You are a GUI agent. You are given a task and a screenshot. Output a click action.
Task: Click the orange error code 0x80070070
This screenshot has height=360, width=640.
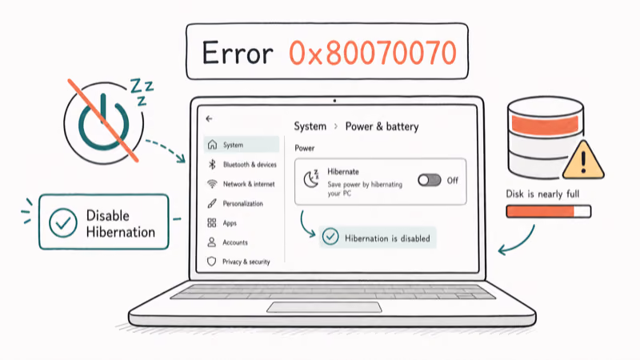373,53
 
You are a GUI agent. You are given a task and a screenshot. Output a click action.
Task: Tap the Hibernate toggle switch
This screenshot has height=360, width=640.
430,180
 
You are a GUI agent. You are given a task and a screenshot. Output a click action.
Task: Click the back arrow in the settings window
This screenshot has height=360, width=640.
209,118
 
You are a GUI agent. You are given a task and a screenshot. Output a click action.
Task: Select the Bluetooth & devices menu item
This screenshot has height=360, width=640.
250,165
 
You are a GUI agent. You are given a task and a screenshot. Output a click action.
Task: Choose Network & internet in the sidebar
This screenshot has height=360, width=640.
249,184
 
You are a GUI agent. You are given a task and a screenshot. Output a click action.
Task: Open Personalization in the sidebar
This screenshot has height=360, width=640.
242,204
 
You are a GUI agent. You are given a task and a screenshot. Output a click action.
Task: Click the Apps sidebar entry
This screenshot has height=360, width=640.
230,223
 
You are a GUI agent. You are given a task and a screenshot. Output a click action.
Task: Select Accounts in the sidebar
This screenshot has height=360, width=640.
234,242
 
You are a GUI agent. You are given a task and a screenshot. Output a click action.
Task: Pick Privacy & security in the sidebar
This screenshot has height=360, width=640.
246,262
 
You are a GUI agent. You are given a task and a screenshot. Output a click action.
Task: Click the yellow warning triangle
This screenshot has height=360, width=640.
583,161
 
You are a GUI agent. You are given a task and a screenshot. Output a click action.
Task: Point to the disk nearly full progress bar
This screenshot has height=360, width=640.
549,211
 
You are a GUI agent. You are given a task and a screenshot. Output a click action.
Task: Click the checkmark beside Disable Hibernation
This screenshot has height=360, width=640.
63,223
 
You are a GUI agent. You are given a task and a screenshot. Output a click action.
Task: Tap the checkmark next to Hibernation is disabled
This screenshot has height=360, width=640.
330,237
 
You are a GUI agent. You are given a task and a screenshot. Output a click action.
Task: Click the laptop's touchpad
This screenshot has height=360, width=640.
325,307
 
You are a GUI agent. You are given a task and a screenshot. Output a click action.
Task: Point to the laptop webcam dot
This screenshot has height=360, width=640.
334,101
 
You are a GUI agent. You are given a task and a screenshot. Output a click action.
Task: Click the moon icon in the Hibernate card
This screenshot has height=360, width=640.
311,179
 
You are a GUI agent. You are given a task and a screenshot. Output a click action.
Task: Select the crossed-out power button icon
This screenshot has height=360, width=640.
104,122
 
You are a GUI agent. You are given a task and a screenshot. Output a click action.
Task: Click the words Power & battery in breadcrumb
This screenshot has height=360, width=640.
382,126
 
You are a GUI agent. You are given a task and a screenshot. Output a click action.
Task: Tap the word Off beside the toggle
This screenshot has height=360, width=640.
452,181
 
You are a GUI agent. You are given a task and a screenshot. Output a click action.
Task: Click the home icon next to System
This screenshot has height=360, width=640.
212,145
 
